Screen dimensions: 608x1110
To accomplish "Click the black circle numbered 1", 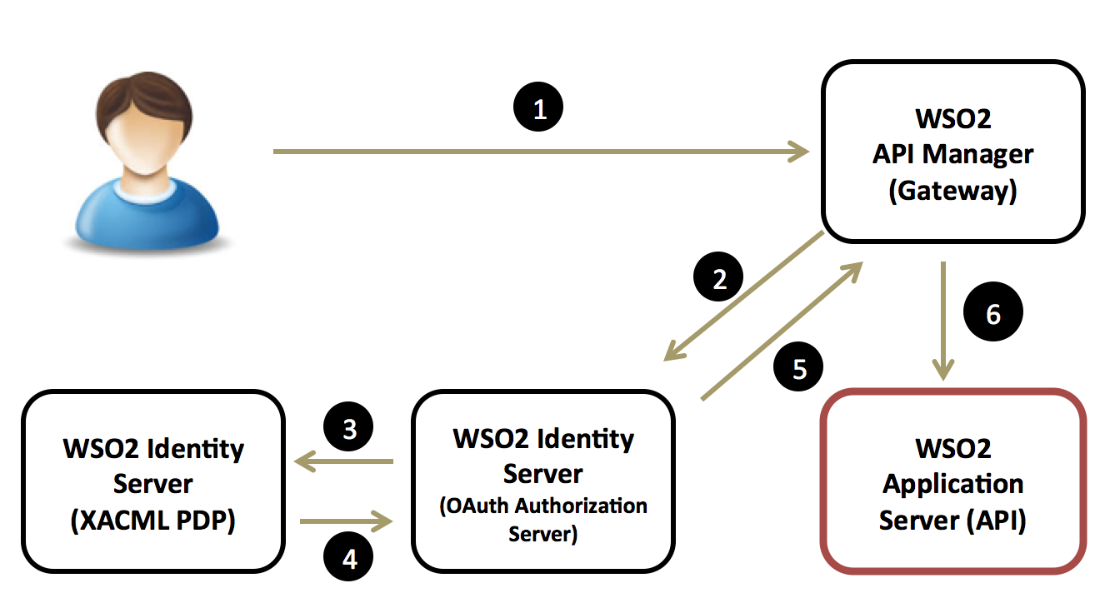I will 539,109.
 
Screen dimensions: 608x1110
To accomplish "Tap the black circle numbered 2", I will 719,278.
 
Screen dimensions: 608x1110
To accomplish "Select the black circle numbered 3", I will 349,428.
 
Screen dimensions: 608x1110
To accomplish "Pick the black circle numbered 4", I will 349,558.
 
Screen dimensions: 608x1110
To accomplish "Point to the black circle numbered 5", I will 799,368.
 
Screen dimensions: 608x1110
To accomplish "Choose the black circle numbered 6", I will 992,313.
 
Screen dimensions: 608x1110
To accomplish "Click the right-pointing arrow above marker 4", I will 346,522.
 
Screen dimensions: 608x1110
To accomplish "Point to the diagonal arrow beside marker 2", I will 744,297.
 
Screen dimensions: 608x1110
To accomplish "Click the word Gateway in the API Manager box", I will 952,191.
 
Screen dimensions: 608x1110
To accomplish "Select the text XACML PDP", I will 152,521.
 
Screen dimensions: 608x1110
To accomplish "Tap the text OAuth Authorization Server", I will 543,519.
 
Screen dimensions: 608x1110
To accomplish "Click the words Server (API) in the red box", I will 952,521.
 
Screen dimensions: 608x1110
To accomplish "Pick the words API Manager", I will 952,154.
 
